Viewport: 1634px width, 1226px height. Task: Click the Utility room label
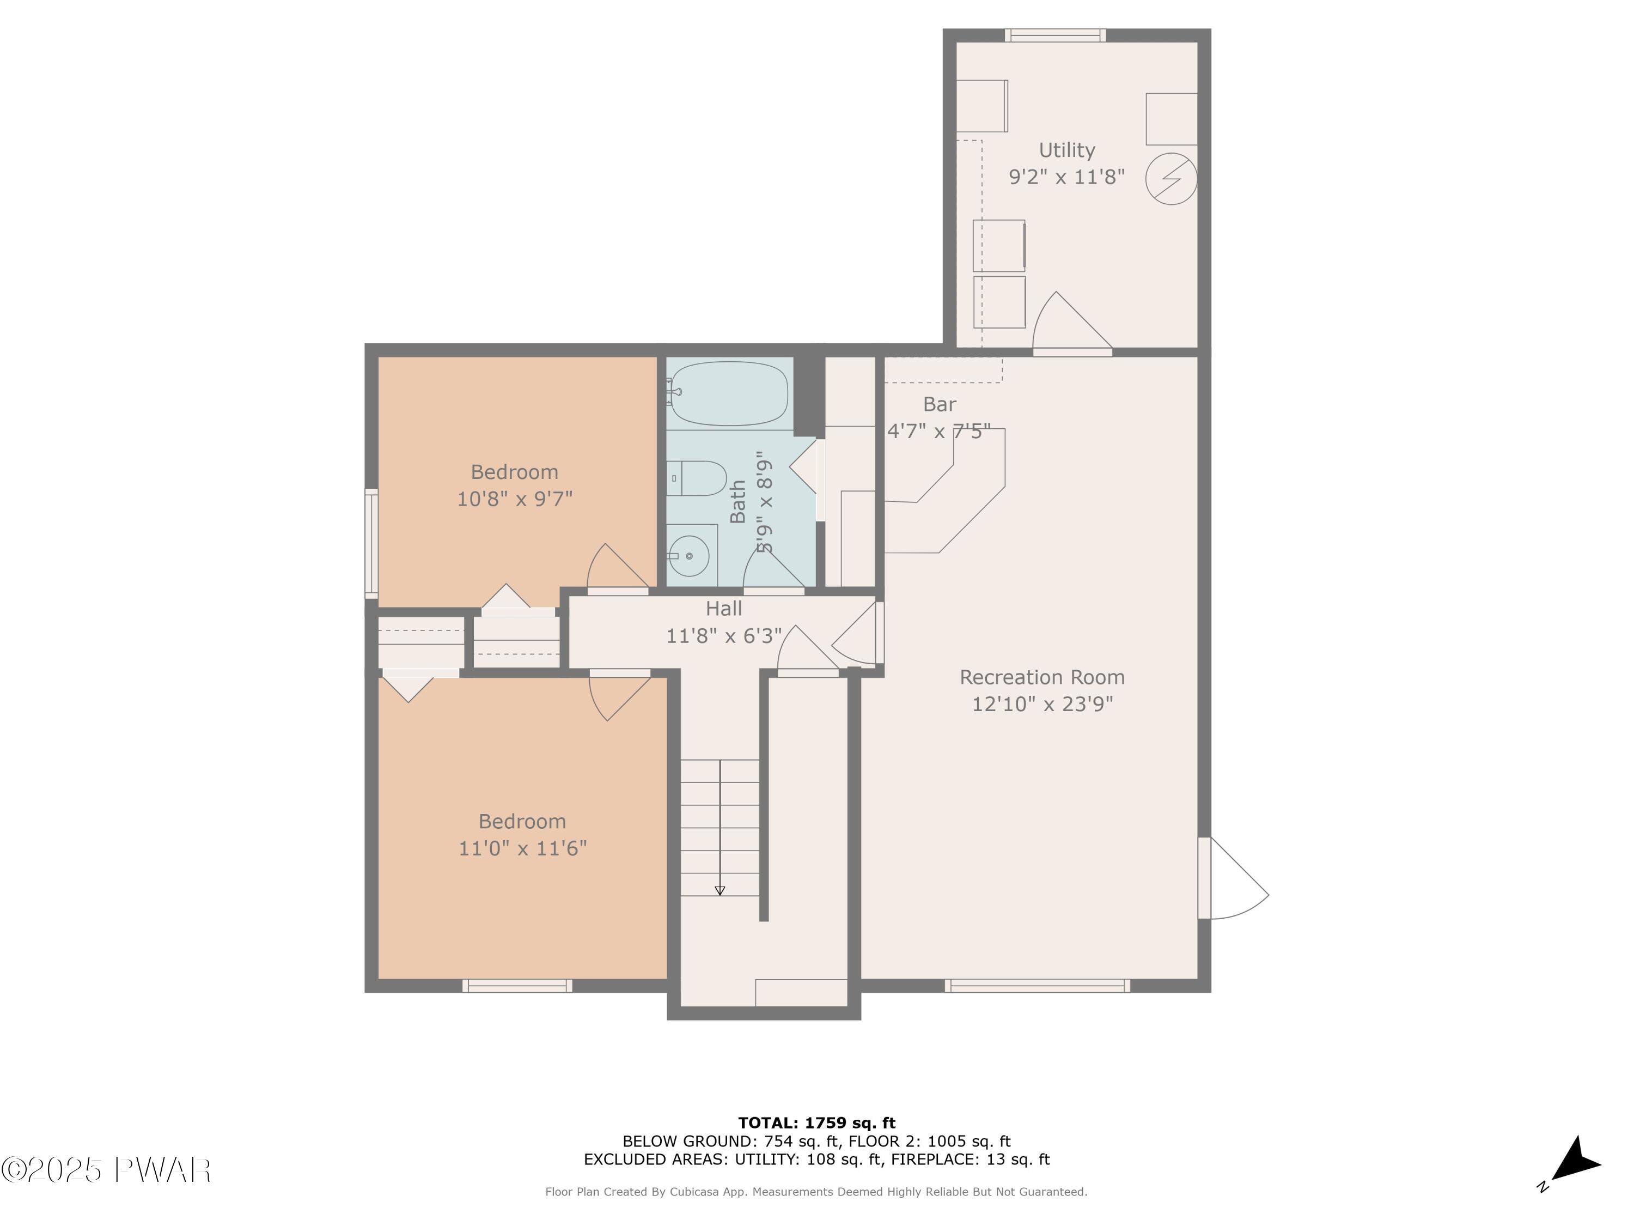(x=1066, y=150)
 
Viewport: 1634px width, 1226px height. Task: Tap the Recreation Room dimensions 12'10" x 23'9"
(x=1042, y=703)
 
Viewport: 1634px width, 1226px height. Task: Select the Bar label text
(x=940, y=404)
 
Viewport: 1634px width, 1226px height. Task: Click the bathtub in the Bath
(x=728, y=393)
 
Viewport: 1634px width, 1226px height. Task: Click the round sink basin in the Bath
(x=688, y=555)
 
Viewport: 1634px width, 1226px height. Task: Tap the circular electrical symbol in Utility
(x=1172, y=179)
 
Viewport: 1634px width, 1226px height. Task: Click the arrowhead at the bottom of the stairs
(x=720, y=890)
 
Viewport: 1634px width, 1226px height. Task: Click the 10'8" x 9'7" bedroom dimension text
(x=515, y=499)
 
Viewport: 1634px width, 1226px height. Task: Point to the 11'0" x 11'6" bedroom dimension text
(x=523, y=848)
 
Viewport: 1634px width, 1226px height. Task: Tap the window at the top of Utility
(x=1055, y=35)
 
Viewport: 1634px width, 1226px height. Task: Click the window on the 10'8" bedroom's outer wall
(x=371, y=544)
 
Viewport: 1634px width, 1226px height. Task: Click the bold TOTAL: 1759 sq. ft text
(x=817, y=1123)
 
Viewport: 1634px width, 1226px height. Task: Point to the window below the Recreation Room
(x=1037, y=985)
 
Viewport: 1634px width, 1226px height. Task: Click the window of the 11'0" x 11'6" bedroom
(x=517, y=985)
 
